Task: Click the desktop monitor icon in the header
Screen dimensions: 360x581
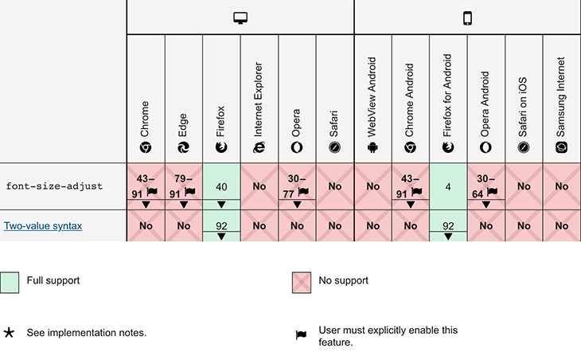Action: click(x=240, y=18)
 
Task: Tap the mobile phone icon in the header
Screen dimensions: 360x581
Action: click(x=467, y=18)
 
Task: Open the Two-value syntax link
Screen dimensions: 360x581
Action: click(x=43, y=226)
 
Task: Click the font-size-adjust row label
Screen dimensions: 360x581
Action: click(x=54, y=186)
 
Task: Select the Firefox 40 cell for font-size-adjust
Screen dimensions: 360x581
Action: click(x=221, y=186)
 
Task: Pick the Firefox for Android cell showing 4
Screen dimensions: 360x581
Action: click(x=448, y=186)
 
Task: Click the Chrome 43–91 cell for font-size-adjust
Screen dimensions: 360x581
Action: click(x=146, y=186)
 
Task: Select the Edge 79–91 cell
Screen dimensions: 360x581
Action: click(x=183, y=186)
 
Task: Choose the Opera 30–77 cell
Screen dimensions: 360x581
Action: click(x=297, y=186)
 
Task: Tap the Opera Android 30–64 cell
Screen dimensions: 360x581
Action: click(x=485, y=186)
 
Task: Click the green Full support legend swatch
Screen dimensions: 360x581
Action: click(x=10, y=281)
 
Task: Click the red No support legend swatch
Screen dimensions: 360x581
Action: click(x=301, y=281)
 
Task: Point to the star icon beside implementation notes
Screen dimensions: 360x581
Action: click(x=10, y=332)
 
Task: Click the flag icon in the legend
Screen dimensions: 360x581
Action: click(x=301, y=335)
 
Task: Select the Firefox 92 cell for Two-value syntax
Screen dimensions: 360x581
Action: click(x=221, y=226)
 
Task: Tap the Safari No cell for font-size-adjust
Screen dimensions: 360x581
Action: click(x=334, y=186)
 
